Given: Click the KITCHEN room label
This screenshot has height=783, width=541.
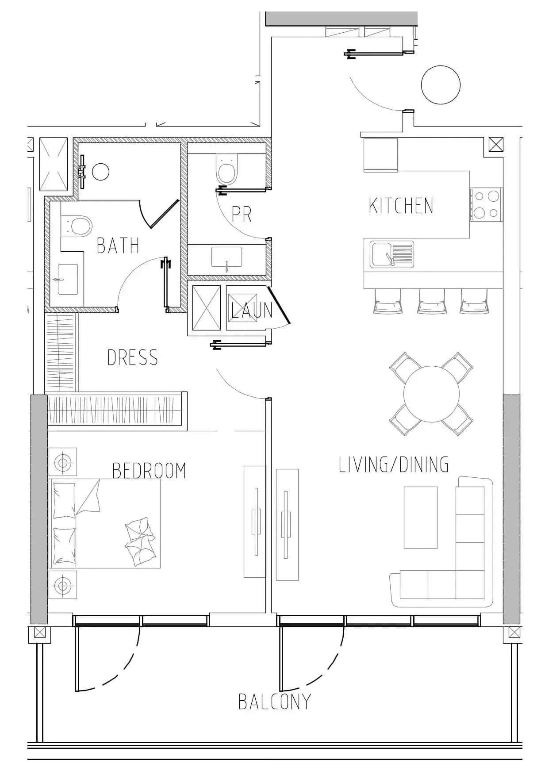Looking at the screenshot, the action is pyautogui.click(x=401, y=206).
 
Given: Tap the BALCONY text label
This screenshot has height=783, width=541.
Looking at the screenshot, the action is pyautogui.click(x=275, y=702).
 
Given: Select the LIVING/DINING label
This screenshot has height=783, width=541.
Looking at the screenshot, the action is pyautogui.click(x=394, y=464).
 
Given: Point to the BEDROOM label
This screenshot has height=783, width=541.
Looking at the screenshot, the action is pyautogui.click(x=149, y=471).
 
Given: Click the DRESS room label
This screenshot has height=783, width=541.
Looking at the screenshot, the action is pyautogui.click(x=133, y=357).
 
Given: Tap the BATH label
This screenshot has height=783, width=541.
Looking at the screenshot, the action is pyautogui.click(x=118, y=246).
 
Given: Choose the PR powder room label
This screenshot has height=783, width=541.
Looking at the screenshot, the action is pyautogui.click(x=242, y=214).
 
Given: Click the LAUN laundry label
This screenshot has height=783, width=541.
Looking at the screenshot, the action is pyautogui.click(x=252, y=310).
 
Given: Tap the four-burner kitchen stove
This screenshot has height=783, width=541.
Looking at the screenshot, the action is pyautogui.click(x=486, y=204).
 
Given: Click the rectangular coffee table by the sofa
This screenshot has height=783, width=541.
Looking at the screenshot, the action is pyautogui.click(x=420, y=517).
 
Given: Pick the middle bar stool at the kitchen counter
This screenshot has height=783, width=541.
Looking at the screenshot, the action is pyautogui.click(x=431, y=301).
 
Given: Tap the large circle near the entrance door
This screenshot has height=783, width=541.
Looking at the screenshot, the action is pyautogui.click(x=441, y=84).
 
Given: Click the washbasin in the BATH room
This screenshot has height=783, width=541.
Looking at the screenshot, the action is pyautogui.click(x=68, y=279).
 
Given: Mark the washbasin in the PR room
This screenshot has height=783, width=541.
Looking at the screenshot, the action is pyautogui.click(x=226, y=257).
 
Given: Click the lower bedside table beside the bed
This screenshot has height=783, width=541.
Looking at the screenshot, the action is pyautogui.click(x=62, y=585).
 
